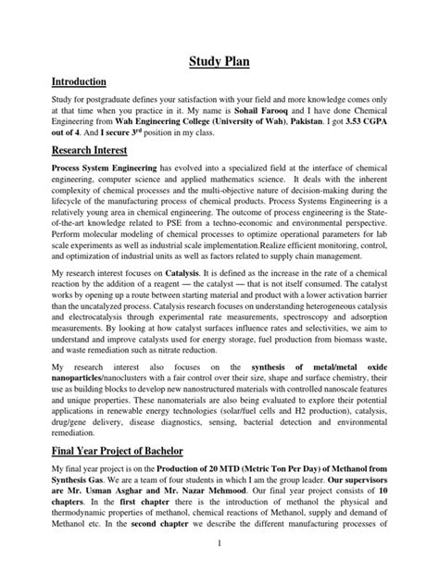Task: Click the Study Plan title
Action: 219,63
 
